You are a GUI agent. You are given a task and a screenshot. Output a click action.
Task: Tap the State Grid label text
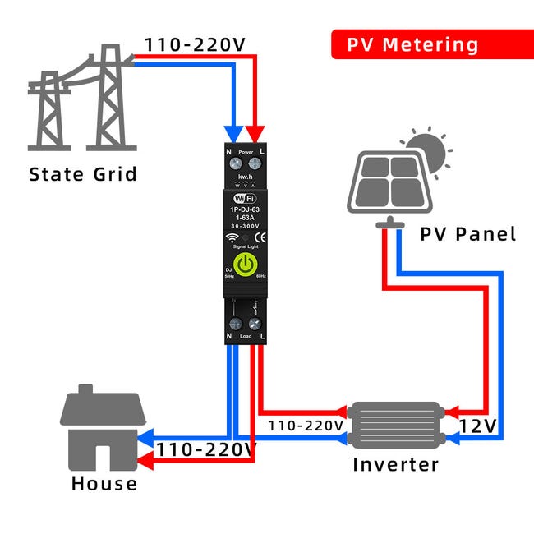tap(83, 174)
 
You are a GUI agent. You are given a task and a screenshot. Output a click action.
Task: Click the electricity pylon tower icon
tap(81, 104)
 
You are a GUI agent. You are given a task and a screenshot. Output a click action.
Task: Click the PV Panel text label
tap(468, 234)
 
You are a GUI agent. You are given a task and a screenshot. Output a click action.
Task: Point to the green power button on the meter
tap(245, 265)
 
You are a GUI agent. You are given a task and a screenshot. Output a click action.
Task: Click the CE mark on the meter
tap(259, 240)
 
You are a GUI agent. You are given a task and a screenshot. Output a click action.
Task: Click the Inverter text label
tap(395, 464)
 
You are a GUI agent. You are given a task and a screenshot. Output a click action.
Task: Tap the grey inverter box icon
tap(395, 422)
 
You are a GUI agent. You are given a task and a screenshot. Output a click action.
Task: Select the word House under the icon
tap(104, 483)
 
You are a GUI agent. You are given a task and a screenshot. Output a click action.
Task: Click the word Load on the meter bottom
tap(245, 336)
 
